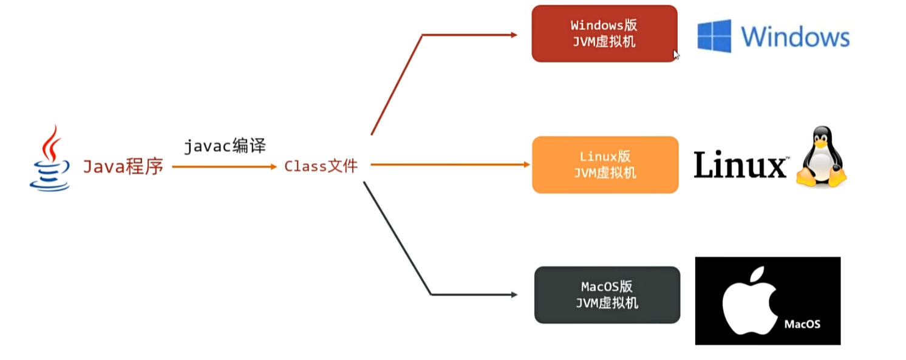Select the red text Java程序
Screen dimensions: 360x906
click(123, 166)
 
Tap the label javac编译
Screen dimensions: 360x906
click(225, 146)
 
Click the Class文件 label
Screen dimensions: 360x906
click(321, 166)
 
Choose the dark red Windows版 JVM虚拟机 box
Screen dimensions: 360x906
click(604, 33)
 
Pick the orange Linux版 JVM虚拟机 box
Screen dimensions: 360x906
click(605, 165)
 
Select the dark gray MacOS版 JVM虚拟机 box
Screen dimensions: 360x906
click(607, 294)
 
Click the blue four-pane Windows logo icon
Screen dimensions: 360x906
click(714, 36)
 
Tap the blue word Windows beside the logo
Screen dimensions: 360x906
click(795, 36)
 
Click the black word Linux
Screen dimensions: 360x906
click(740, 165)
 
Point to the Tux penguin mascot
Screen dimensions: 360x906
click(822, 157)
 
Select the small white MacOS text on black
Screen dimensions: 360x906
click(802, 324)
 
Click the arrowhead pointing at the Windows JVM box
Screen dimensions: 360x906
click(514, 35)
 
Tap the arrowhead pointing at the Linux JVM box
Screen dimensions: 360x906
click(526, 165)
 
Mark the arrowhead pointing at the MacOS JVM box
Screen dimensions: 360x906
click(514, 294)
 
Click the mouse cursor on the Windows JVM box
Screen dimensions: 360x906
click(676, 55)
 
